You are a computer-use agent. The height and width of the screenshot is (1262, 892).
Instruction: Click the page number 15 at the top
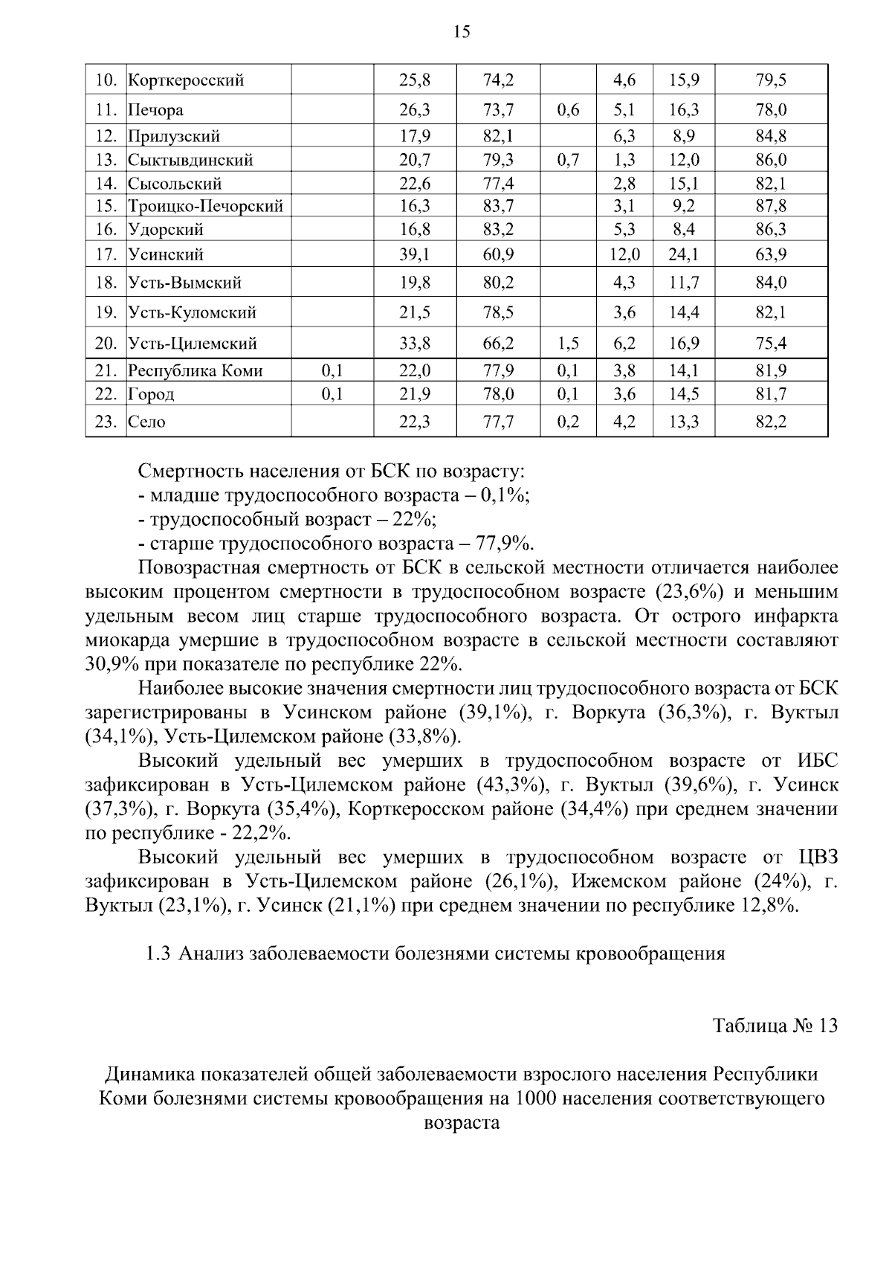pos(461,32)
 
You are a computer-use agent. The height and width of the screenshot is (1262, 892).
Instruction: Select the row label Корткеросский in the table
pos(186,80)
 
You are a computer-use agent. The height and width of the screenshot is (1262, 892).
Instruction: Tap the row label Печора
pos(155,111)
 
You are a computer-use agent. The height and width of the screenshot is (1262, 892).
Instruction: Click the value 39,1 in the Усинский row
pos(415,255)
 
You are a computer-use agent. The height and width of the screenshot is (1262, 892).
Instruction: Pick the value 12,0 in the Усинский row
pos(624,255)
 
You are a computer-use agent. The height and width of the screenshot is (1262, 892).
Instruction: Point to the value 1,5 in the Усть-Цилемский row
pos(568,344)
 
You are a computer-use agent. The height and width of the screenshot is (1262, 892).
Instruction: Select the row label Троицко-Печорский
pos(205,207)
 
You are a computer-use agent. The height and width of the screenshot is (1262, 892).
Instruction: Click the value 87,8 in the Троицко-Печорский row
pos(771,207)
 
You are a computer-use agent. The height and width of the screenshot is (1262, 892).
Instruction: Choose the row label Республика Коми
pos(195,371)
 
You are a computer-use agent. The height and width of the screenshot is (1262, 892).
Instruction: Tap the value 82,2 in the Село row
pos(771,422)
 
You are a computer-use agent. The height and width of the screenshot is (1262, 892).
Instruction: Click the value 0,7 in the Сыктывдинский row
pos(568,160)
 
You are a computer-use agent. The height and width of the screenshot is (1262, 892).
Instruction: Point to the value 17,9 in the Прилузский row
pos(415,136)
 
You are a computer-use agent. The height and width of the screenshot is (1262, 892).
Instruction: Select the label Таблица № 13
pos(775,1026)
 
